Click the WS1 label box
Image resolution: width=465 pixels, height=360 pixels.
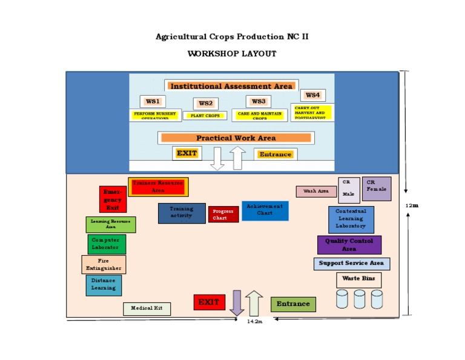point(153,102)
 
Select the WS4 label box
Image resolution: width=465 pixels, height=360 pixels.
point(312,95)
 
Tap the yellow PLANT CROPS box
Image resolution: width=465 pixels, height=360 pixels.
point(205,115)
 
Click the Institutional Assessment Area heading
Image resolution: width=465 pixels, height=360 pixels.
point(231,86)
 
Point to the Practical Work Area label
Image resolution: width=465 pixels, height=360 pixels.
point(236,138)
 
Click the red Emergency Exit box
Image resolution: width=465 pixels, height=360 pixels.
point(113,199)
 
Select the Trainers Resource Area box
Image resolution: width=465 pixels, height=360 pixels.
point(158,187)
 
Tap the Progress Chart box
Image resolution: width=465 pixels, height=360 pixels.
point(223,215)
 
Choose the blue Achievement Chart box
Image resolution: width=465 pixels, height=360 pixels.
point(265,210)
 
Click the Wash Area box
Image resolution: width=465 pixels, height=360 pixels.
point(316,192)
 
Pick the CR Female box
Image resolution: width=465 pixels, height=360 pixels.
point(376,188)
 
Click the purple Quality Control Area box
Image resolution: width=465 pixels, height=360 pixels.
point(349,245)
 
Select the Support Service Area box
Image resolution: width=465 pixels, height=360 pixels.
point(351,264)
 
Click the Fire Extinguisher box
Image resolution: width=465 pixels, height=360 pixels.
point(104,264)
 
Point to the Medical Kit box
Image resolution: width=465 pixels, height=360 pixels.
point(147,308)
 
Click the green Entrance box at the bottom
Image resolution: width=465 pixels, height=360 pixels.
point(293,304)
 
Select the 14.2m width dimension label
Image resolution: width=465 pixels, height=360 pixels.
point(255,321)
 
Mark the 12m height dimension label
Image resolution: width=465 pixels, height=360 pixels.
point(412,205)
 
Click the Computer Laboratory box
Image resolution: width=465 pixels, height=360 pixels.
point(105,244)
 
